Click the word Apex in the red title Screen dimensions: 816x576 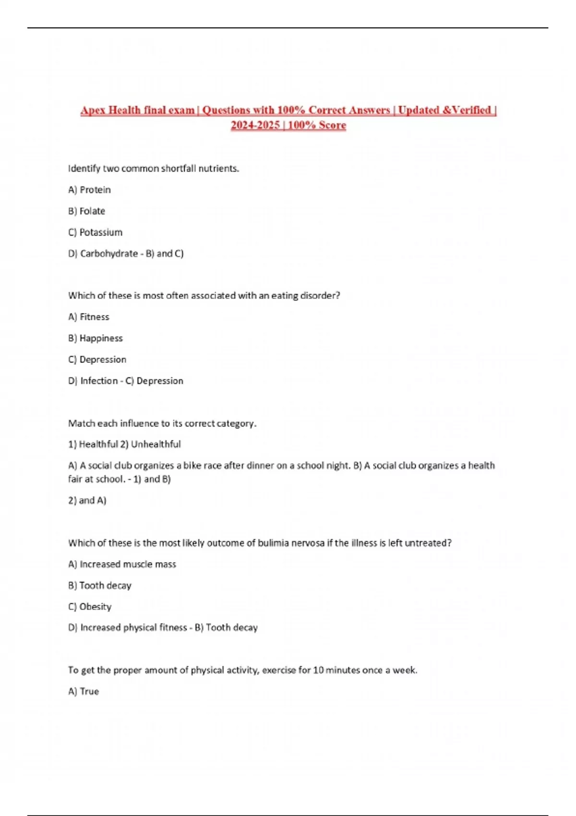coord(93,110)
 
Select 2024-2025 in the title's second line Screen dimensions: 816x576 coord(255,125)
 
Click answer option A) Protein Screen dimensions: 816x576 coord(89,190)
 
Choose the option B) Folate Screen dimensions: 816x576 coord(86,211)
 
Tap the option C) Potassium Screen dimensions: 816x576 coord(95,232)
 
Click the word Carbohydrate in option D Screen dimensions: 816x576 coord(109,253)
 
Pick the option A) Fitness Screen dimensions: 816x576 coord(89,317)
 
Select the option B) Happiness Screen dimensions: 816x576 coord(95,338)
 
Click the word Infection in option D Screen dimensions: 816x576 coord(99,381)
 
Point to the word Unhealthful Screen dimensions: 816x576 coord(156,444)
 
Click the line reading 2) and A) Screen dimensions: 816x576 coord(87,501)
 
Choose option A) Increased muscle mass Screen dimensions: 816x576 coord(122,564)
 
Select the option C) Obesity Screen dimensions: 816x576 coord(90,607)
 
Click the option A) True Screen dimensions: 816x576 coord(84,692)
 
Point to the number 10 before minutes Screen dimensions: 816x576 coord(318,670)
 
